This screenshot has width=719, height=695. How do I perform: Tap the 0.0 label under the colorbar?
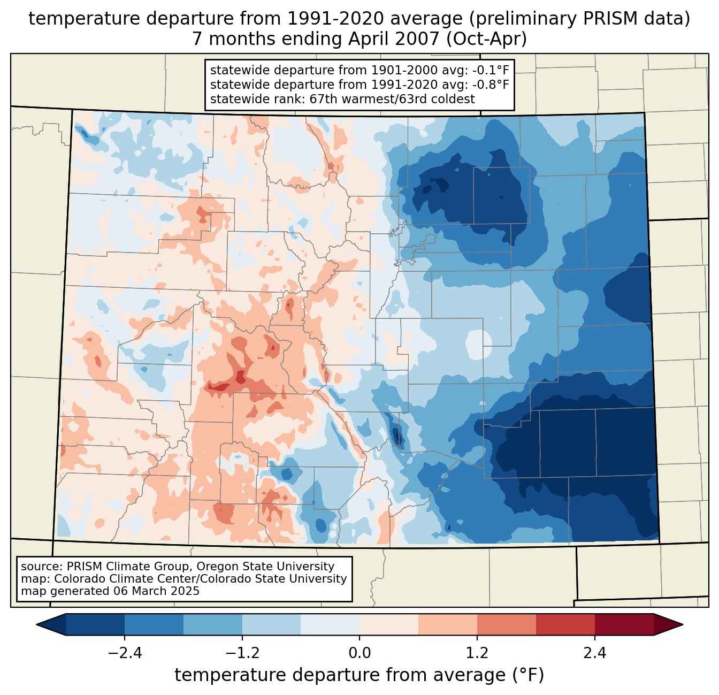(x=359, y=653)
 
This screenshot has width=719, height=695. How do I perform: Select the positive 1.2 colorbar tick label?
(x=477, y=653)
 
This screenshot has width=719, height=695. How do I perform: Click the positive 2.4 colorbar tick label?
(x=595, y=653)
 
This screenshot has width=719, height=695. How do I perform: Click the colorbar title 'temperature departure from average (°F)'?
(x=359, y=675)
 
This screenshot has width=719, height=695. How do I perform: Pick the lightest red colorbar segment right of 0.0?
(x=389, y=624)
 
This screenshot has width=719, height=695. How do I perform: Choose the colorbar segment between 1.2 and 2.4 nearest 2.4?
(x=565, y=624)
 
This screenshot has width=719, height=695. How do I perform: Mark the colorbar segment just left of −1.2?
(x=213, y=624)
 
